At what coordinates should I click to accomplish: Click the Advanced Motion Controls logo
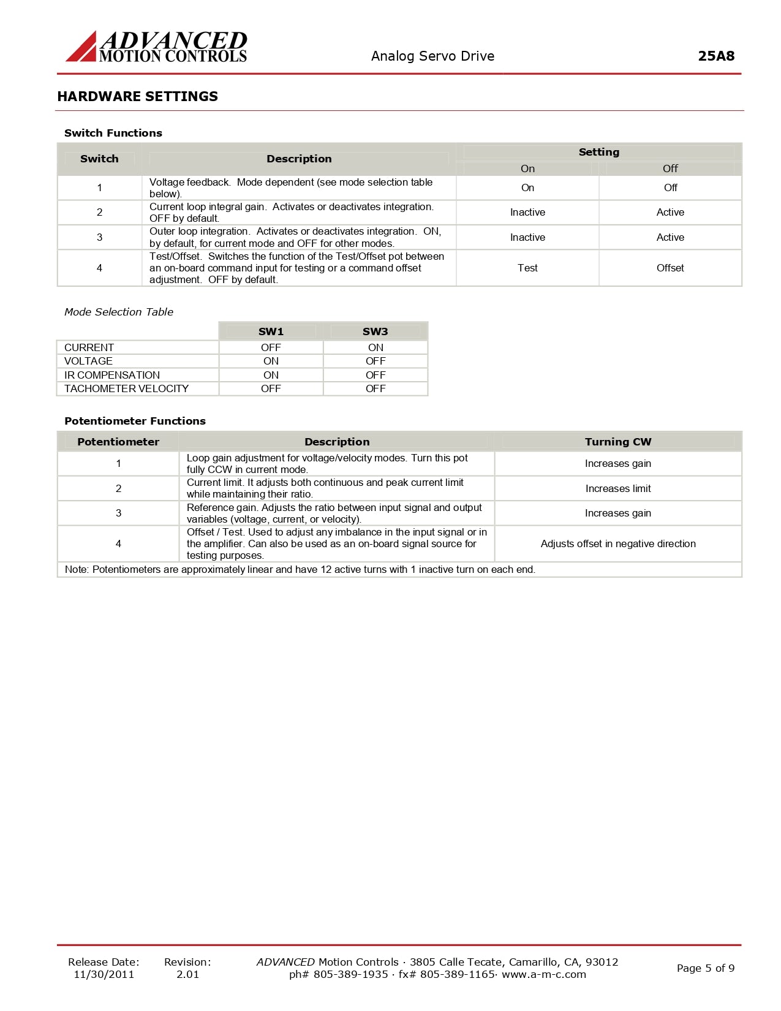(157, 47)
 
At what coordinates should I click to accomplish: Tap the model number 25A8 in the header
(715, 56)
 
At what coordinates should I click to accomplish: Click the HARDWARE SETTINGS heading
(137, 96)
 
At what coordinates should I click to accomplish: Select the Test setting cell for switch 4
(527, 268)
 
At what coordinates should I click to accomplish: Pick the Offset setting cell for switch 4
(670, 268)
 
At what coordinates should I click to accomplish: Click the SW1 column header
(271, 331)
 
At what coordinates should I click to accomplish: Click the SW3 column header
(375, 331)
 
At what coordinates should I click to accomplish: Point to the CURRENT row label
(89, 347)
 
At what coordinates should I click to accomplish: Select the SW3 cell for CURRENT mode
(375, 347)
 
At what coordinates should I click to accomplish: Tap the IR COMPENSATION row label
(112, 375)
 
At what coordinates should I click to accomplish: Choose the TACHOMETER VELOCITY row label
(126, 388)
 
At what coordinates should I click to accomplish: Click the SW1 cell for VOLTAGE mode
(271, 361)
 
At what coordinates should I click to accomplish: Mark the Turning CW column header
(618, 442)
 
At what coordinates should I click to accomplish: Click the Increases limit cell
(618, 488)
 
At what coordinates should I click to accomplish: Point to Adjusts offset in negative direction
(618, 543)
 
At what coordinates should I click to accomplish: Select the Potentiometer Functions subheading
(135, 421)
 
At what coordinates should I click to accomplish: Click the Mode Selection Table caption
(119, 312)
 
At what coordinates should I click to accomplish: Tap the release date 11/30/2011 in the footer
(104, 974)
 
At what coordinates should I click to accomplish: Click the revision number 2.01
(187, 974)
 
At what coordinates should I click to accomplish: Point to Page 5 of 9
(705, 968)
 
